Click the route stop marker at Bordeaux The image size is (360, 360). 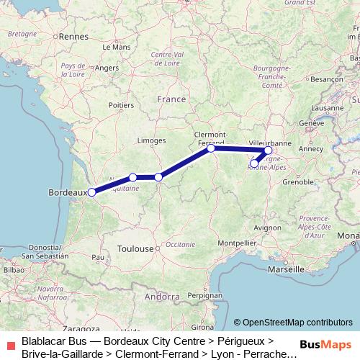click(92, 192)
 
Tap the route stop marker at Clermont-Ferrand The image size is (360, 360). click(211, 148)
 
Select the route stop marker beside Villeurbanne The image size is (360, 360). click(268, 150)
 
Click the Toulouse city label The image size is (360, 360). click(135, 248)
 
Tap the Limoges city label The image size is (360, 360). click(152, 140)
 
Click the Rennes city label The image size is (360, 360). click(73, 35)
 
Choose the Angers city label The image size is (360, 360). click(107, 68)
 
